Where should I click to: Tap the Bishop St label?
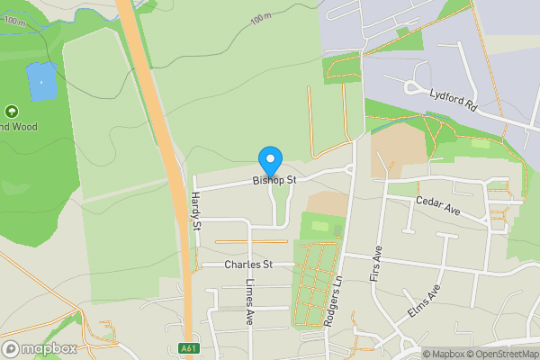click(x=274, y=181)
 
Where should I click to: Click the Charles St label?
click(x=248, y=265)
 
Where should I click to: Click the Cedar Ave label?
click(x=437, y=206)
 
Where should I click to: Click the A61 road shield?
click(x=188, y=348)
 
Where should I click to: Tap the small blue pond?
click(x=40, y=82)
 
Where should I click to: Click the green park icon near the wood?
click(x=12, y=112)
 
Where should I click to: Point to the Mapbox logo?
click(x=39, y=348)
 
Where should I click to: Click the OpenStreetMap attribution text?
click(x=508, y=354)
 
